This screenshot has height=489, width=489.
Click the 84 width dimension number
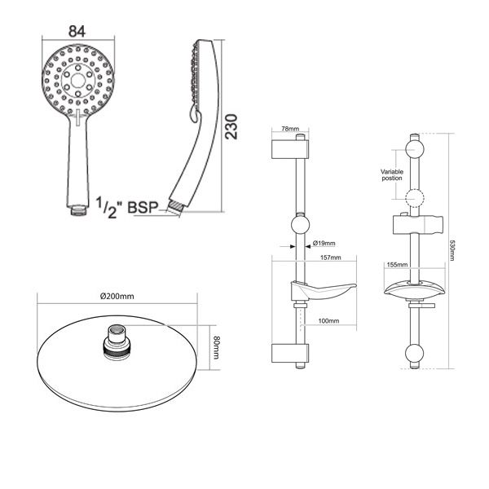tap(77, 31)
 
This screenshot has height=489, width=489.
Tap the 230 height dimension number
tap(231, 127)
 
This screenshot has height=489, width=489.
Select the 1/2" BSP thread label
tap(126, 207)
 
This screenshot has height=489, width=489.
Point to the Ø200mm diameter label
tap(117, 296)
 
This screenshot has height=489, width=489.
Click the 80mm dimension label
tap(216, 347)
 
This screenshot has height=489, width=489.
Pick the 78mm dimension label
tap(290, 129)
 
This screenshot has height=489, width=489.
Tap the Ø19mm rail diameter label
tap(324, 243)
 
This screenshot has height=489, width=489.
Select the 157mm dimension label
tap(331, 258)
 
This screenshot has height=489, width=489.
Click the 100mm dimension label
tap(328, 320)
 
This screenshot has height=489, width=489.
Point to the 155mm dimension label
tap(397, 265)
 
